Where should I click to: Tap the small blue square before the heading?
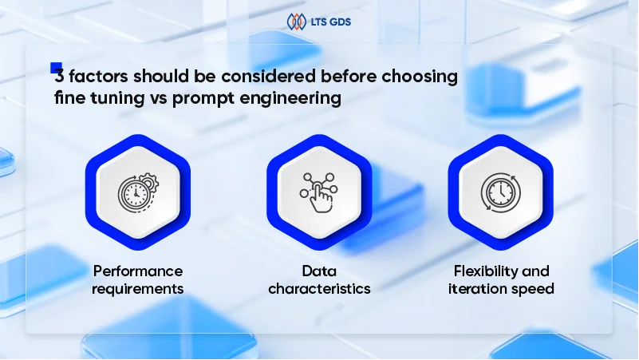(56, 68)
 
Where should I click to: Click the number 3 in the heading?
(59, 79)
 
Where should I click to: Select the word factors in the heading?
(95, 79)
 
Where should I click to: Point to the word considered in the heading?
(270, 79)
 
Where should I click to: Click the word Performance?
(137, 271)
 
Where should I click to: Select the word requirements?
(137, 288)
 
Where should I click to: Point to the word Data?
(319, 271)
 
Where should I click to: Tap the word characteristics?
(319, 288)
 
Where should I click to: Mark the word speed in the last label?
(534, 288)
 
